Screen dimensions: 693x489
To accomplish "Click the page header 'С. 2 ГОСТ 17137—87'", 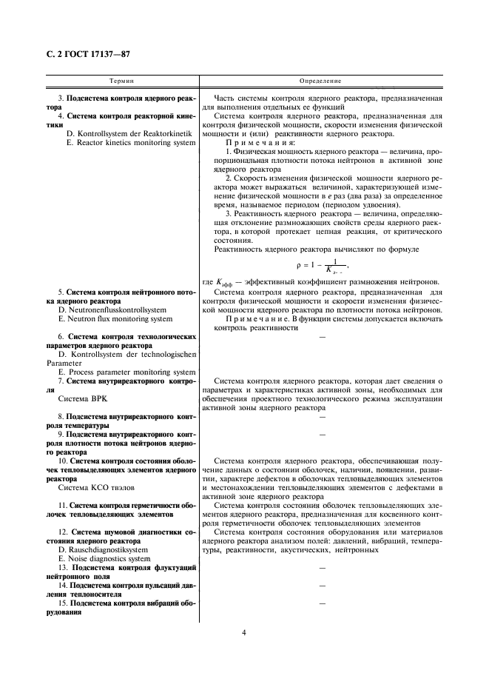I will tap(84, 54).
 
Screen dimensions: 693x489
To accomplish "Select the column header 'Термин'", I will tap(121, 81).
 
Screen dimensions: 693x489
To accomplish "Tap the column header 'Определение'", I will tap(320, 81).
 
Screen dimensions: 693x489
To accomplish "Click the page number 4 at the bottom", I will tap(243, 632).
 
